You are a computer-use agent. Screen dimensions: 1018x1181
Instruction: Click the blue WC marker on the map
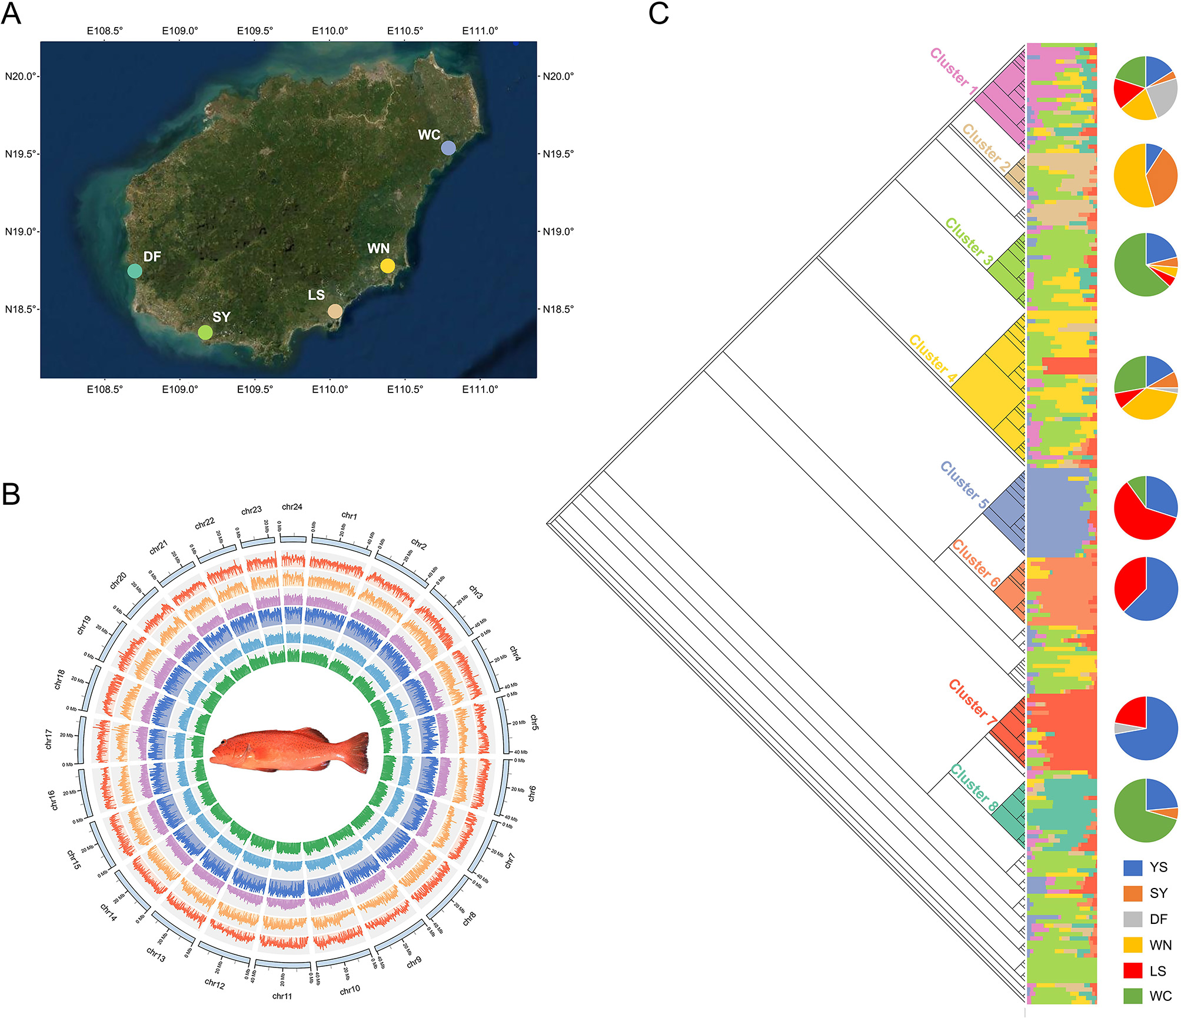tap(448, 148)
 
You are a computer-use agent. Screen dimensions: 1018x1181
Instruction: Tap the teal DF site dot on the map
tap(135, 271)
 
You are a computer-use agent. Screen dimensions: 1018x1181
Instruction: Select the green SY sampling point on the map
tap(205, 332)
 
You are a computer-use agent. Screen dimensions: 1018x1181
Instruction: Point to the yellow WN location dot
tap(387, 265)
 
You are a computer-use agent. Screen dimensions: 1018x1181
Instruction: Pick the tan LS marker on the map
tap(335, 311)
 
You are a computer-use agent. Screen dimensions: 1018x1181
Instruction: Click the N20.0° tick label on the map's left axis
tap(20, 76)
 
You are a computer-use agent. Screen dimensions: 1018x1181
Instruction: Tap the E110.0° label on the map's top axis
tap(330, 31)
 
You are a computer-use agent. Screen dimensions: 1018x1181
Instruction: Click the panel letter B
tap(11, 494)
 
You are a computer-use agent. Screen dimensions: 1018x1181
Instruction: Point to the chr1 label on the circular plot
tap(349, 515)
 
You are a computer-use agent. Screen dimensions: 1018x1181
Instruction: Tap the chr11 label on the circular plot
tap(282, 996)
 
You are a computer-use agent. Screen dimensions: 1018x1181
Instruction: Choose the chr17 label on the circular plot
tap(49, 739)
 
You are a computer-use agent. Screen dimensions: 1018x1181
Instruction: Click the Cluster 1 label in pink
tap(953, 71)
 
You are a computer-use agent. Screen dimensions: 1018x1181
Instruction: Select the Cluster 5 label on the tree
tap(963, 485)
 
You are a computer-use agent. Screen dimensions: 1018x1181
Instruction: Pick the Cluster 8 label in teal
tap(974, 787)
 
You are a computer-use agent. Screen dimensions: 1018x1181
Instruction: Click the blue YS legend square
tap(1133, 867)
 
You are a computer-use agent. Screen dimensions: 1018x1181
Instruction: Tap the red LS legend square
tap(1133, 970)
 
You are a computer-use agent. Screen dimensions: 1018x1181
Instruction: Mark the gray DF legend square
tap(1133, 919)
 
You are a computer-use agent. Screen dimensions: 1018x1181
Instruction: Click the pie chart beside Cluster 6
tap(1146, 588)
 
